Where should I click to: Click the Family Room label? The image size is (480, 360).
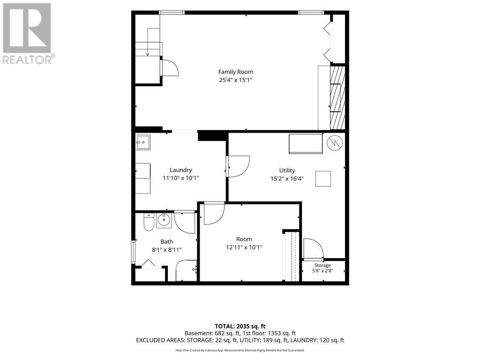pyautogui.click(x=235, y=72)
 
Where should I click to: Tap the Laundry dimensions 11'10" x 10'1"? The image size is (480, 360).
pyautogui.click(x=181, y=178)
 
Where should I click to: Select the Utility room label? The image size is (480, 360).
pyautogui.click(x=287, y=171)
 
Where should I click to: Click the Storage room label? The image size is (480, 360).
pyautogui.click(x=322, y=265)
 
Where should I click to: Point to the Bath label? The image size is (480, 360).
pyautogui.click(x=167, y=242)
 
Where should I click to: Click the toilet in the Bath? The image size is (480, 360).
pyautogui.click(x=149, y=222)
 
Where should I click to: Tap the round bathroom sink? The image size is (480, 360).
pyautogui.click(x=165, y=219)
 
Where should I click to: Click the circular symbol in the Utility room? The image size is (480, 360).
pyautogui.click(x=334, y=142)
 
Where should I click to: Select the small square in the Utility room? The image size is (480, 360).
pyautogui.click(x=323, y=179)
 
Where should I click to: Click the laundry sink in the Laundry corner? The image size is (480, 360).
pyautogui.click(x=143, y=142)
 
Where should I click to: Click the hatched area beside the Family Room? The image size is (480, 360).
pyautogui.click(x=337, y=97)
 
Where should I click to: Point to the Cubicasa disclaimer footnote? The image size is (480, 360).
pyautogui.click(x=240, y=350)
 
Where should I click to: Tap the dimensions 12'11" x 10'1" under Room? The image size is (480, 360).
pyautogui.click(x=244, y=247)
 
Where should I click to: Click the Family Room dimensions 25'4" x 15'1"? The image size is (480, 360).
pyautogui.click(x=235, y=80)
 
